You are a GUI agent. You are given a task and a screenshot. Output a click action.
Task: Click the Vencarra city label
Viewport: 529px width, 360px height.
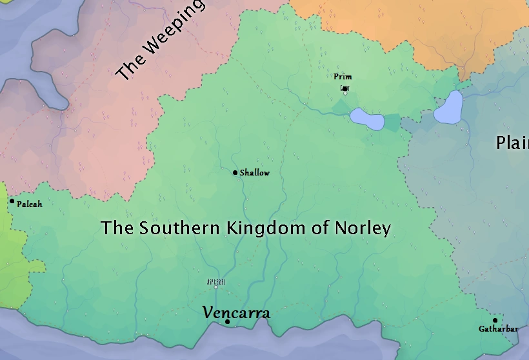click(x=236, y=313)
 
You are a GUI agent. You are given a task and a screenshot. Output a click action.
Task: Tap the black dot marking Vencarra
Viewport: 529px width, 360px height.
click(x=228, y=321)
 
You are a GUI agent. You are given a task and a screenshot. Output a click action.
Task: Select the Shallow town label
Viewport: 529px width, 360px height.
click(x=255, y=173)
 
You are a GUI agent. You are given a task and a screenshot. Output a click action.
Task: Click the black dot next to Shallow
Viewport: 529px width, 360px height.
click(x=235, y=172)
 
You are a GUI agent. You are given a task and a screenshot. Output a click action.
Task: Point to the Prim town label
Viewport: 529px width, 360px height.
click(x=343, y=77)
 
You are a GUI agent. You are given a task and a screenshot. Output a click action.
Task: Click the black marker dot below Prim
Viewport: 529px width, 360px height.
click(x=345, y=88)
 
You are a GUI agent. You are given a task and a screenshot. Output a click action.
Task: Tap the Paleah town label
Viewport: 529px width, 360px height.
click(x=30, y=204)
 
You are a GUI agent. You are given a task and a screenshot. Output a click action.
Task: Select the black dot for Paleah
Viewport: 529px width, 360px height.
click(x=12, y=201)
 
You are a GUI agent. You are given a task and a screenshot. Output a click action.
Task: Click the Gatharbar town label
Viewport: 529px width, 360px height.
click(x=498, y=329)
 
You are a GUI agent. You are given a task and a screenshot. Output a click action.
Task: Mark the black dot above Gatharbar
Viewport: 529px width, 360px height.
click(x=495, y=320)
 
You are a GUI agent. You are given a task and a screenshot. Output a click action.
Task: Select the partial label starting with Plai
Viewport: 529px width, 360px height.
click(x=512, y=143)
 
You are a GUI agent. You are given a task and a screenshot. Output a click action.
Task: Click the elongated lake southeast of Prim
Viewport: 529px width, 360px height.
click(x=367, y=119)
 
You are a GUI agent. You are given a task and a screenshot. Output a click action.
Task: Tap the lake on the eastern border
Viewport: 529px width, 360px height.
click(x=449, y=107)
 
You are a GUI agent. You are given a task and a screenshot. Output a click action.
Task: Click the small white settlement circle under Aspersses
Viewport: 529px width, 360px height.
click(x=215, y=288)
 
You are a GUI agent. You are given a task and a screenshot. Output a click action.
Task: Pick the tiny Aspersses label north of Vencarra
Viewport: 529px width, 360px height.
click(x=215, y=282)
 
